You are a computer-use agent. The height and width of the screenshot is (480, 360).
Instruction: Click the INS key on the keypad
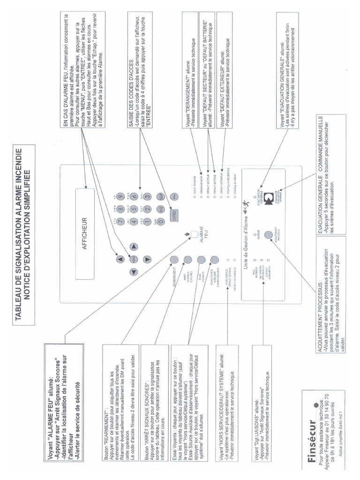pos(161,210)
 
